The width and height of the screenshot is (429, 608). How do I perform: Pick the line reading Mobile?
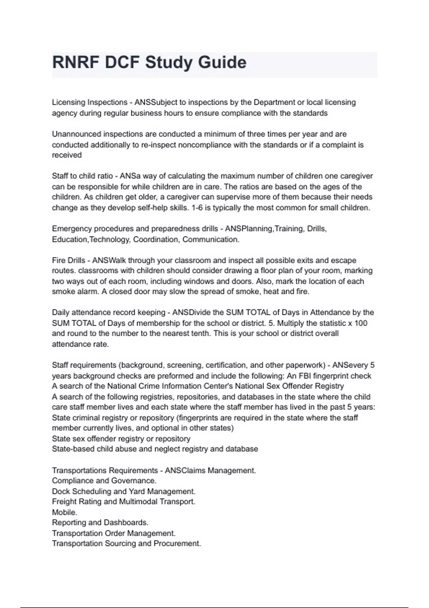tap(64, 513)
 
